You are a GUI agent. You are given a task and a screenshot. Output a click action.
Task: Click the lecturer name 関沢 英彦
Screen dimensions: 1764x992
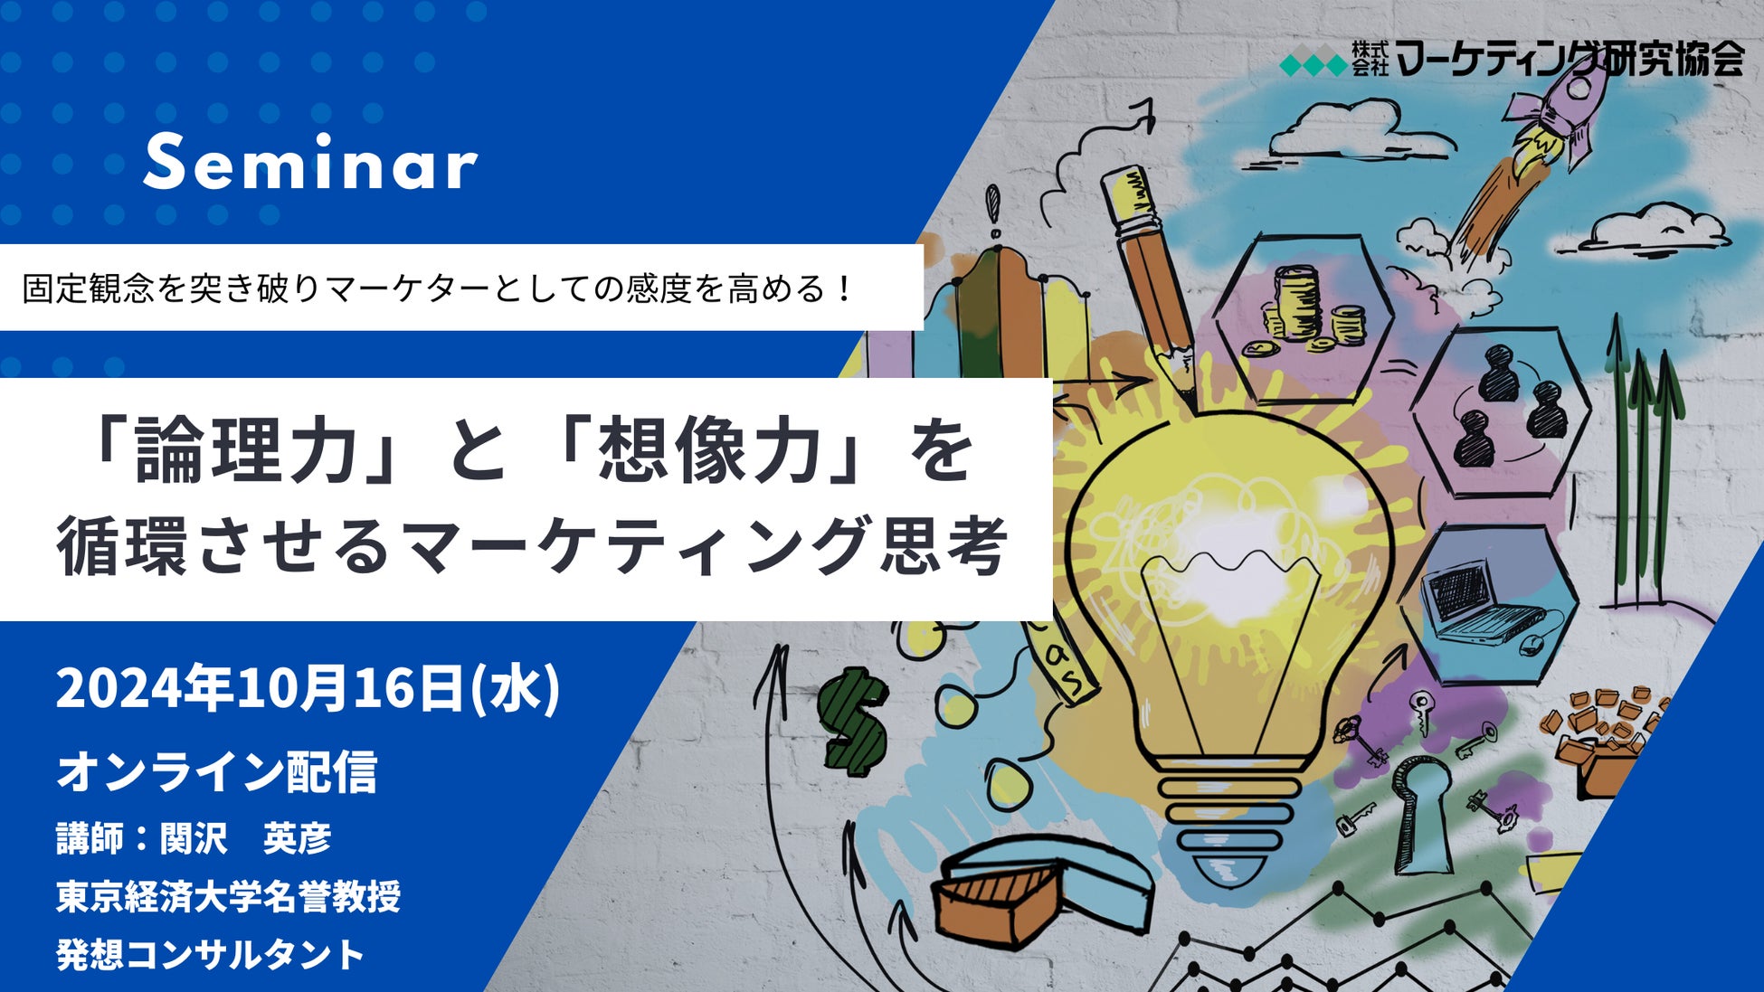pyautogui.click(x=245, y=838)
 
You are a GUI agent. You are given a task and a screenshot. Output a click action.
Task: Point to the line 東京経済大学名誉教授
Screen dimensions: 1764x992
pyautogui.click(x=228, y=896)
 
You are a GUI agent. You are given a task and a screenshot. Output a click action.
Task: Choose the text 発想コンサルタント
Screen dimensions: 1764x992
pyautogui.click(x=211, y=954)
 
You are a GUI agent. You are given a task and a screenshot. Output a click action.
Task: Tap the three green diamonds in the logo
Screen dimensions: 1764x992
pyautogui.click(x=1314, y=65)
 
